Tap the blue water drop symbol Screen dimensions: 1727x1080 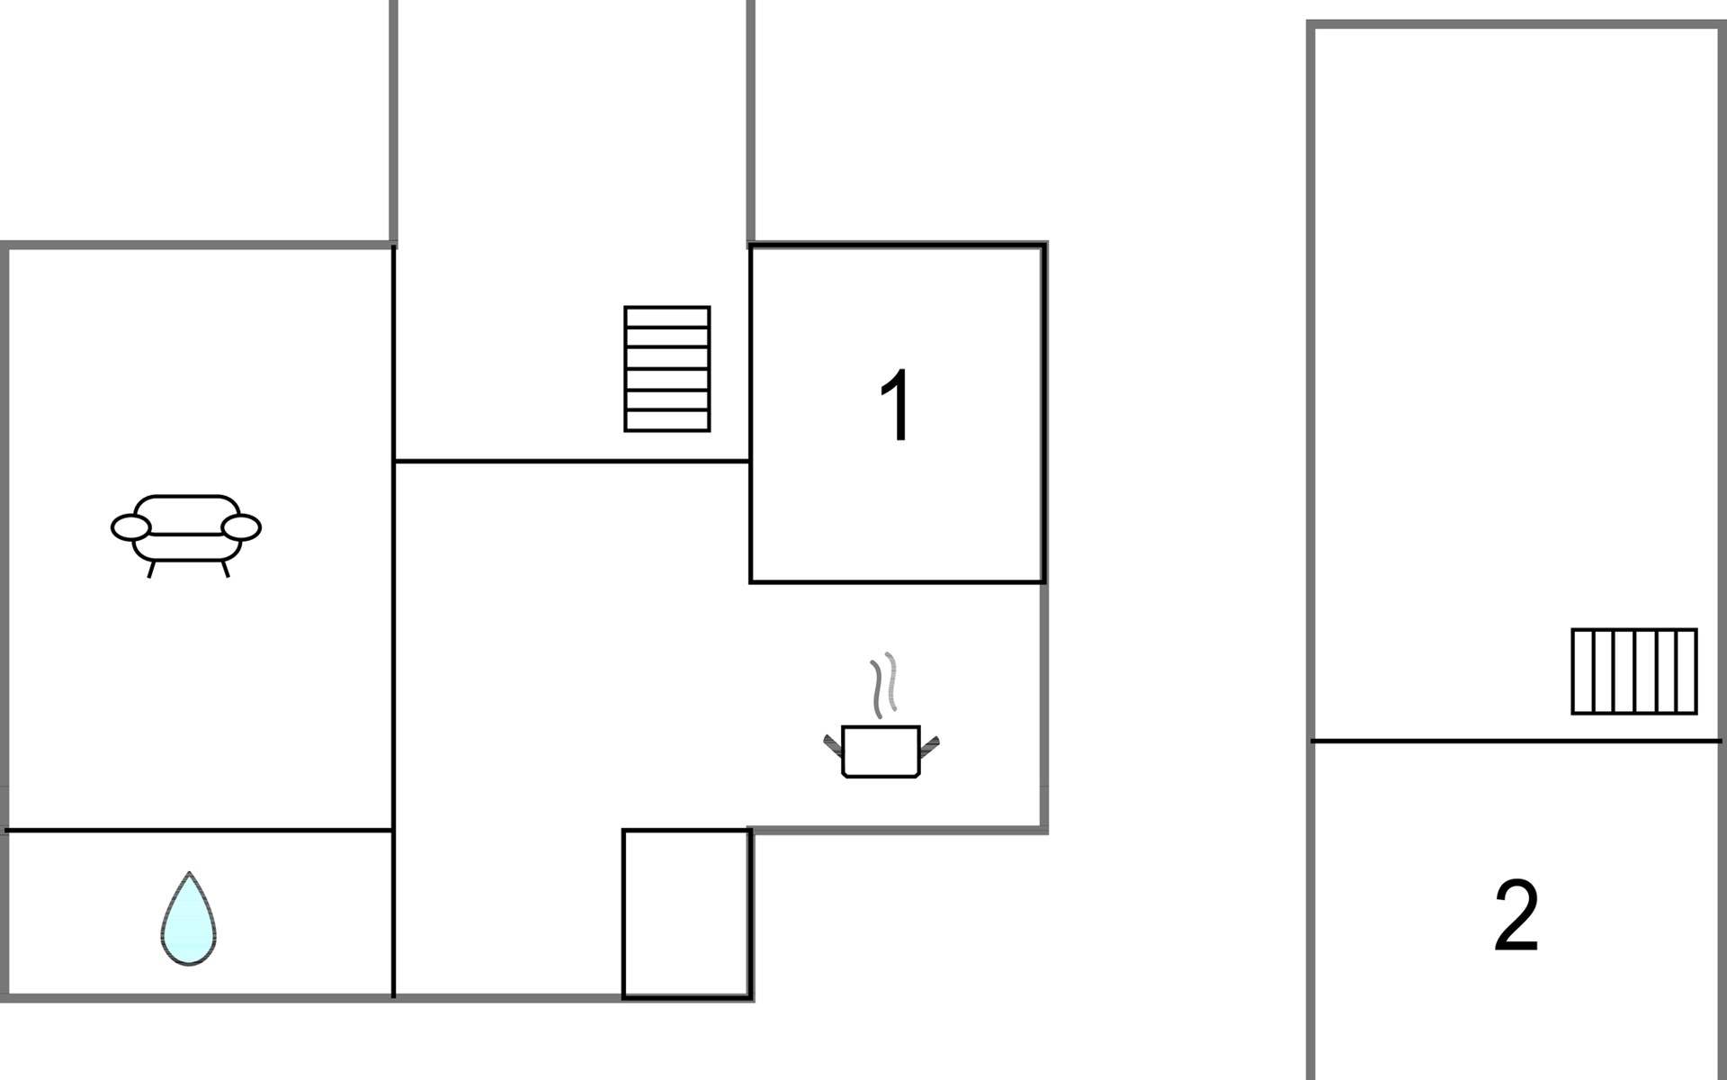pos(189,920)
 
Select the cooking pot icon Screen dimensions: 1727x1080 pos(881,751)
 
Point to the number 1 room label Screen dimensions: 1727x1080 pos(896,406)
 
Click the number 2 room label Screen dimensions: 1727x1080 pos(1517,916)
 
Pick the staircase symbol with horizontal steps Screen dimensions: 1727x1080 pos(667,369)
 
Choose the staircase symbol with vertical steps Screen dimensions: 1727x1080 pos(1634,671)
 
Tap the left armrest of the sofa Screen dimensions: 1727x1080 pos(131,527)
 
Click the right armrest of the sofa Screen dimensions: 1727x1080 pos(241,527)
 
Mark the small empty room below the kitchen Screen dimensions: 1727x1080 pos(686,913)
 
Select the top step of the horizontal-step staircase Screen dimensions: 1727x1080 pos(667,317)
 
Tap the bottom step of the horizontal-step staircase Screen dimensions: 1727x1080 pos(667,421)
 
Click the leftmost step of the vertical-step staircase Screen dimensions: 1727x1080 pos(1582,671)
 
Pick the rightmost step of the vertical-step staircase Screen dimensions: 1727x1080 pos(1687,671)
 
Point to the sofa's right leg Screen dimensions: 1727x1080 pos(226,569)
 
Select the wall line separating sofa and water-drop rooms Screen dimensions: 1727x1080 pos(200,830)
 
